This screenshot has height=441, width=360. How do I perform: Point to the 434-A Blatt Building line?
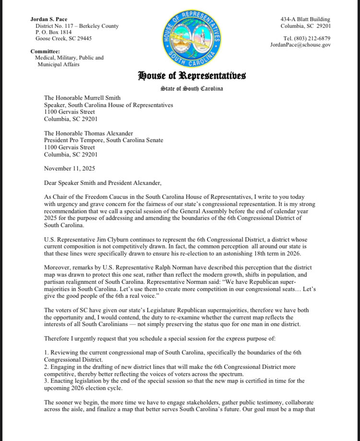tap(305, 19)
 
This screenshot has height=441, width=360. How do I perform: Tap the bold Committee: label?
tap(45, 51)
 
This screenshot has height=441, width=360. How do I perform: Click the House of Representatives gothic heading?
tap(192, 75)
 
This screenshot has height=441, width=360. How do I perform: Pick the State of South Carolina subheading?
tap(192, 89)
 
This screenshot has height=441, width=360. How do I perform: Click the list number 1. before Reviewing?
tap(46, 353)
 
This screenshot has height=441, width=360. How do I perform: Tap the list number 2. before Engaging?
tap(46, 367)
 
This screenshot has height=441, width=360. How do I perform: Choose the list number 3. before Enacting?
tap(46, 380)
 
